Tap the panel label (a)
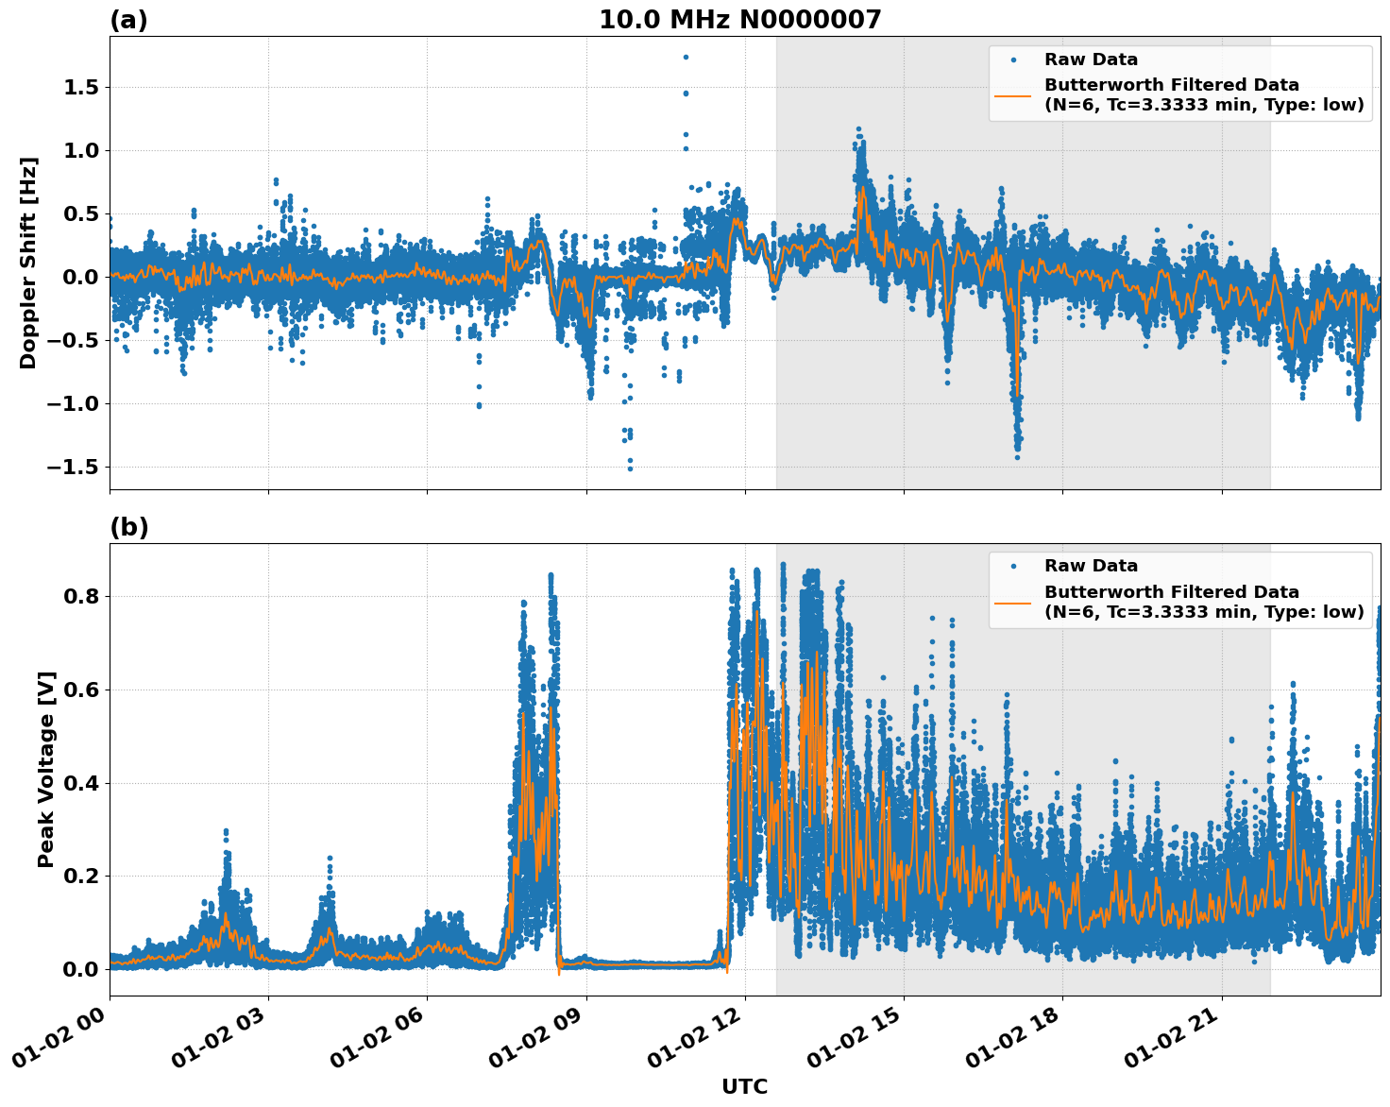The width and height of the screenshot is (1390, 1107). [x=129, y=20]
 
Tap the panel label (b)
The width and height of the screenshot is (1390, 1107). [x=129, y=527]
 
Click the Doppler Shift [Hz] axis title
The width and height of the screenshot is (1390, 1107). [x=28, y=263]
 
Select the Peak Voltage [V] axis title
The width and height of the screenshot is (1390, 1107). [x=46, y=769]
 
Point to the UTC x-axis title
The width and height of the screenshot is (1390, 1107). [x=744, y=1086]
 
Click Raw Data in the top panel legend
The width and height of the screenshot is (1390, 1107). [x=1091, y=60]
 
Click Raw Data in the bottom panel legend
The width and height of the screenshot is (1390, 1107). [x=1091, y=566]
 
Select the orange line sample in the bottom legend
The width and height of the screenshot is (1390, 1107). [x=1012, y=602]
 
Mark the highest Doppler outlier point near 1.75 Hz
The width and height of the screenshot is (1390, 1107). [x=686, y=57]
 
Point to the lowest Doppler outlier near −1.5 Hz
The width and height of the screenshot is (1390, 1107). [x=630, y=468]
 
